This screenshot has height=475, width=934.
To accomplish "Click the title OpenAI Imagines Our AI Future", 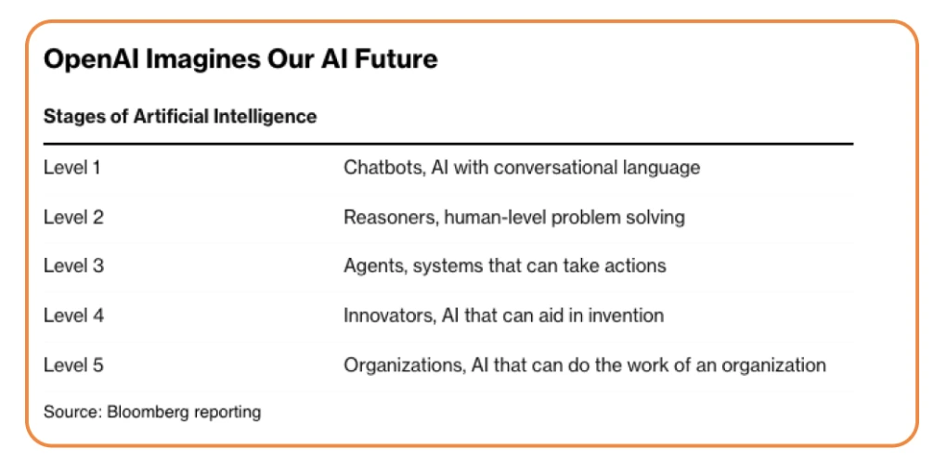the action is pos(240,59).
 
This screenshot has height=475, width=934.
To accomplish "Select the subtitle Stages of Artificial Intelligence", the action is pos(180,116).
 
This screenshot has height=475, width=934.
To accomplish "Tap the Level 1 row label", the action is pos(72,167).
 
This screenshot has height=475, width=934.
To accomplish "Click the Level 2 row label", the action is pos(74,217).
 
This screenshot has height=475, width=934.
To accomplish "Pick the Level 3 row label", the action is pos(74,265).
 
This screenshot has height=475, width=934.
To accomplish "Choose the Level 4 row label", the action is pos(74,315).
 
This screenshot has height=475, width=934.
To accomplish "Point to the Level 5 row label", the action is pos(74,365).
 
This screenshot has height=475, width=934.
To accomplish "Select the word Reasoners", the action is pos(392,217).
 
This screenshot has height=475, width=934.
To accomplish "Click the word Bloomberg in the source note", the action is pos(147,412).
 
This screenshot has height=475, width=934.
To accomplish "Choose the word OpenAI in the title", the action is pos(92,59).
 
